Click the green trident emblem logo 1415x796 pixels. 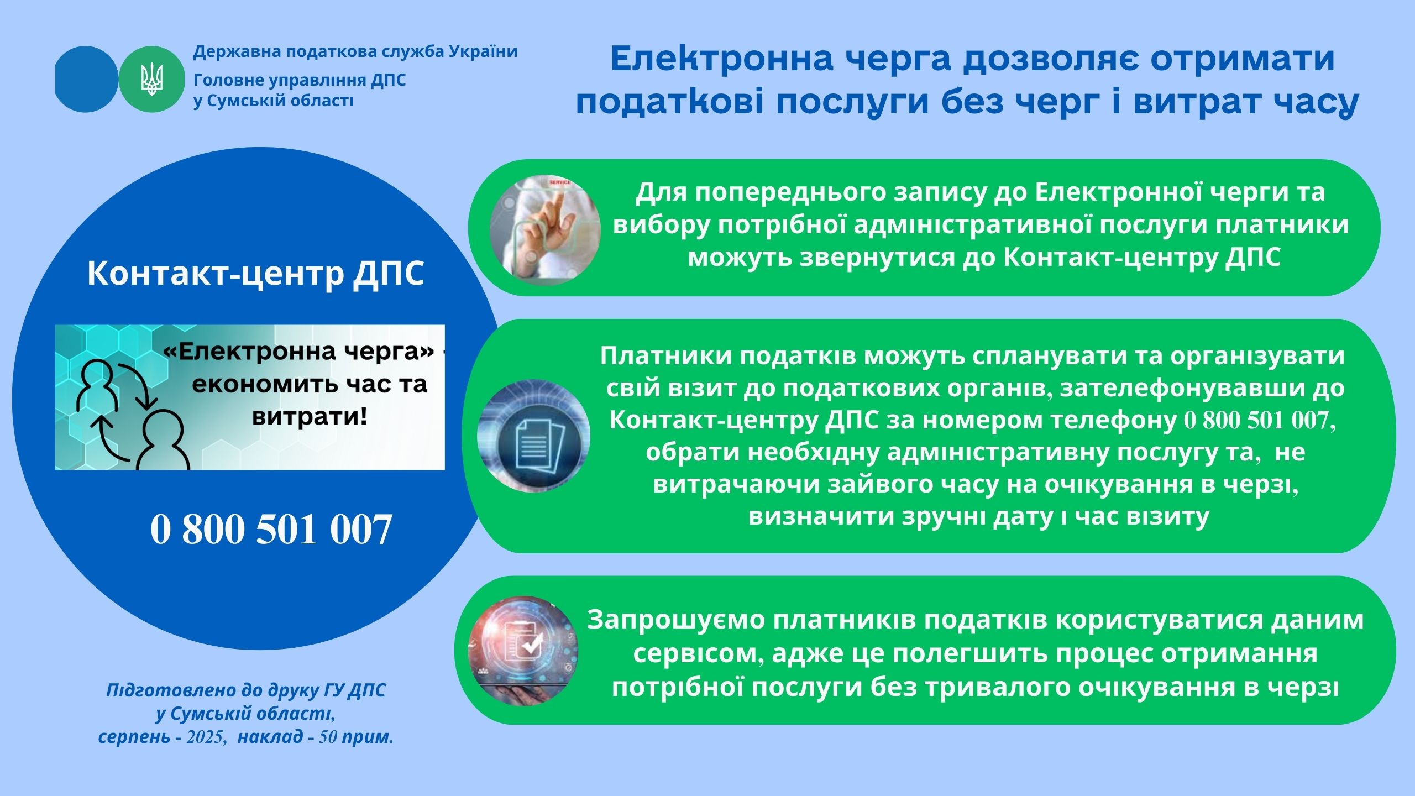click(151, 80)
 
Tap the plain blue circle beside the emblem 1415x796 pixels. click(86, 80)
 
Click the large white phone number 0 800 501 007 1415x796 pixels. click(271, 529)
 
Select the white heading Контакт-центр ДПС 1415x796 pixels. click(256, 273)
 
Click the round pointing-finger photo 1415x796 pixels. click(545, 230)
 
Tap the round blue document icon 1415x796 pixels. click(534, 436)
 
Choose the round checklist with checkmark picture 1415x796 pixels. click(523, 651)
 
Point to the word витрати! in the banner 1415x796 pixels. click(310, 416)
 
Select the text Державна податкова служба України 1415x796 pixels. click(355, 52)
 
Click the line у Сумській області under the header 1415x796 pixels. click(274, 101)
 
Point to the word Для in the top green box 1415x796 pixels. click(661, 193)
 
